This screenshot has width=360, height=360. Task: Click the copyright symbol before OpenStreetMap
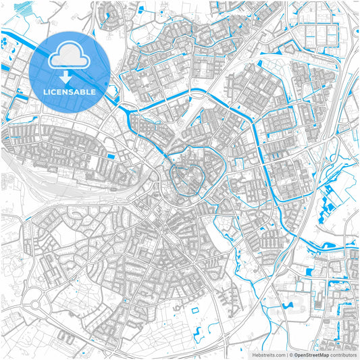click(290, 354)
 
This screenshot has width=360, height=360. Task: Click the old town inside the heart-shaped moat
click(188, 178)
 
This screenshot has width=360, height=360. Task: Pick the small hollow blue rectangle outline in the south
click(195, 310)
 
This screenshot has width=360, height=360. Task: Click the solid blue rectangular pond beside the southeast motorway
click(309, 272)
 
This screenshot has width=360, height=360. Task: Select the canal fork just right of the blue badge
click(122, 105)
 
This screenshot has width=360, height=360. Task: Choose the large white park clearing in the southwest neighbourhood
click(64, 236)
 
